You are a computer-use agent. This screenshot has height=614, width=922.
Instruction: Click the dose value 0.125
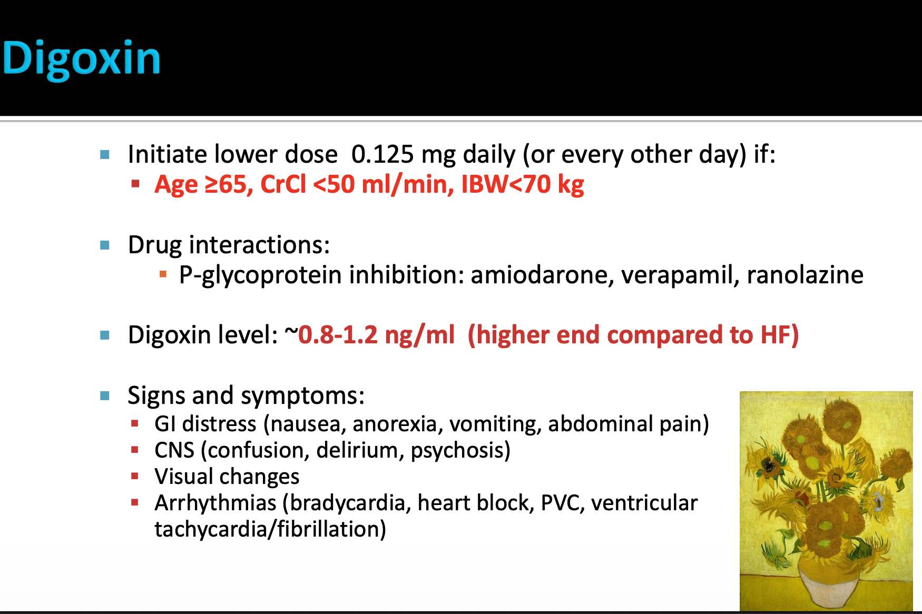382,154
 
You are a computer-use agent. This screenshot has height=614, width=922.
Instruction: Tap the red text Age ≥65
201,185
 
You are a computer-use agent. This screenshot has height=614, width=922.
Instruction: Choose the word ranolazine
805,275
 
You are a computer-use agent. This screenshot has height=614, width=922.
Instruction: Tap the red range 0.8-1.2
338,335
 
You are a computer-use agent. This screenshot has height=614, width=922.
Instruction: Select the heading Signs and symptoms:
246,395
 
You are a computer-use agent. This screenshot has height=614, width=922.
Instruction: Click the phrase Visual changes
227,477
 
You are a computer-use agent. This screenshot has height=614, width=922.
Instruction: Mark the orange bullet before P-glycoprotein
163,274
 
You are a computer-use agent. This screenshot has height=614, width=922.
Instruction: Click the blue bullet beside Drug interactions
105,245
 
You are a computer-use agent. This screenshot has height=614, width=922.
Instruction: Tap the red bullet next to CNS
135,450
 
